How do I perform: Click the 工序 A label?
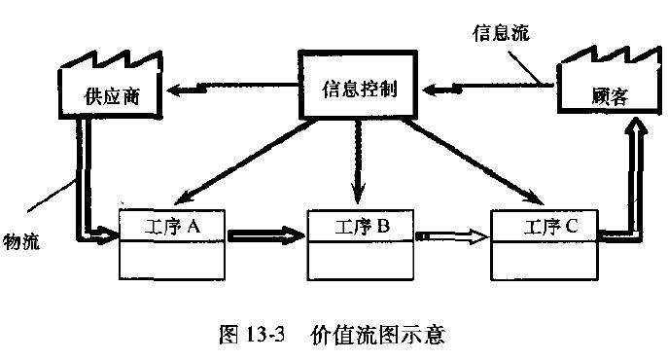click(171, 227)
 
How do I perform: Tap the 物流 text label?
click(20, 240)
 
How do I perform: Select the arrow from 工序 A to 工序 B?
click(267, 235)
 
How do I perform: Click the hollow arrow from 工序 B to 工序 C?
click(452, 235)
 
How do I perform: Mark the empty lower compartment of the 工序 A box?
click(171, 260)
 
